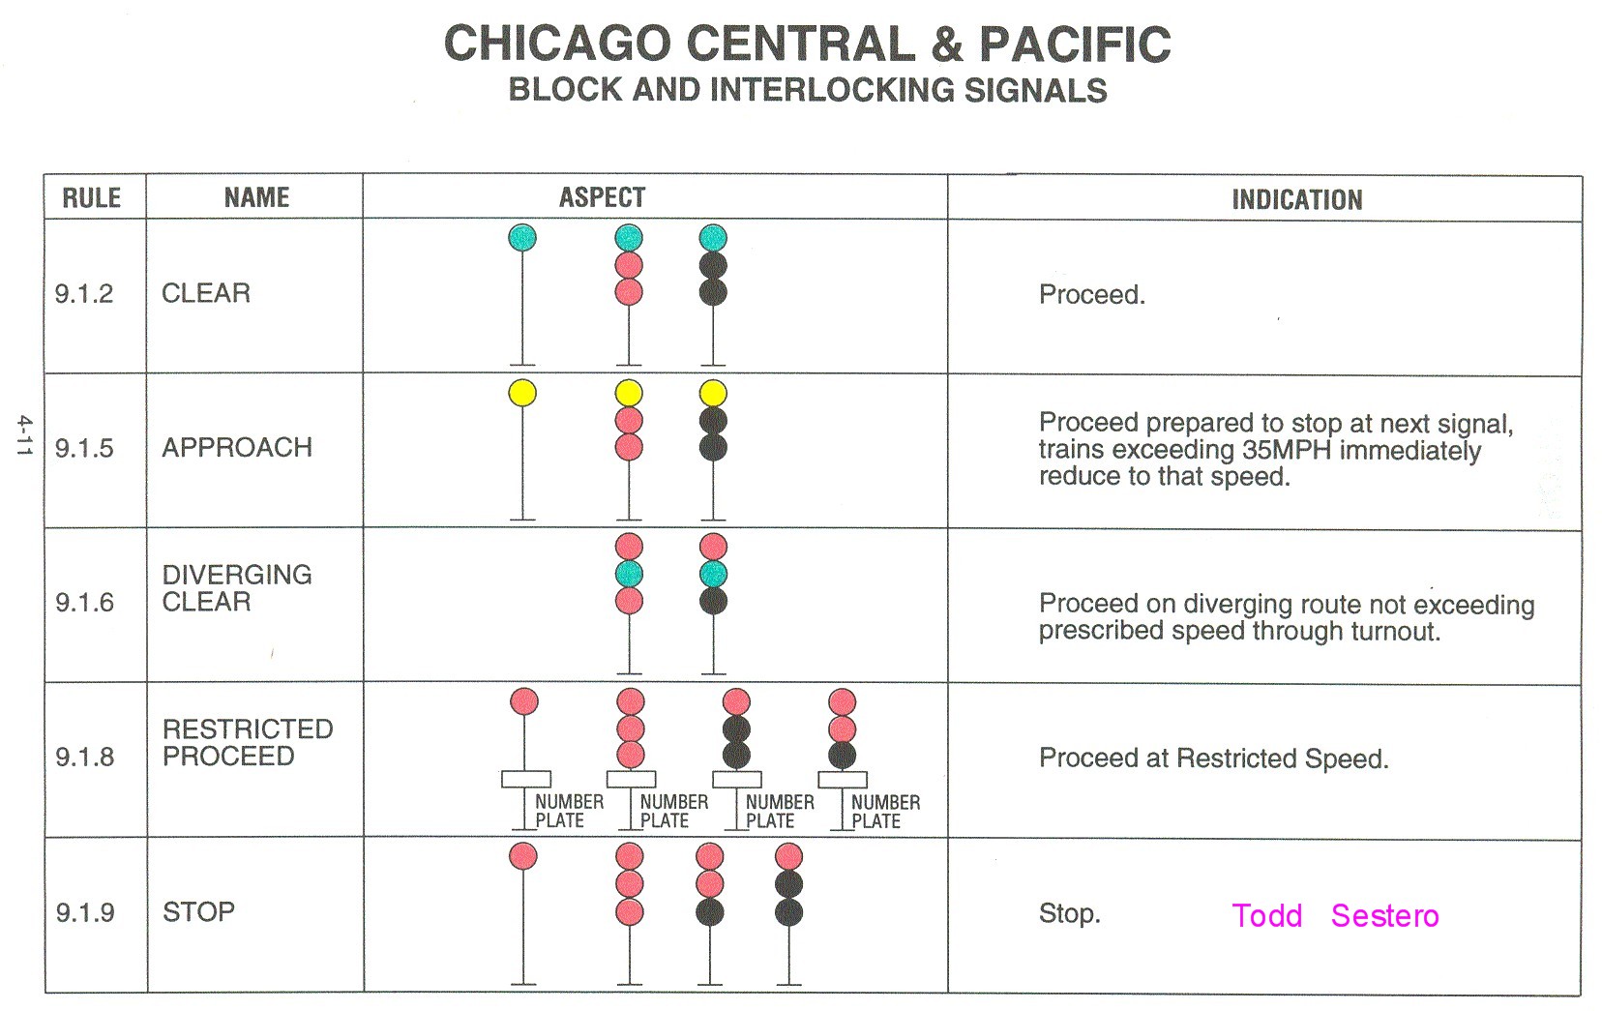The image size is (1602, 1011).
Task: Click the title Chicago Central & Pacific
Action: [807, 45]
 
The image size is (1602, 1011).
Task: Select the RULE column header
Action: [92, 198]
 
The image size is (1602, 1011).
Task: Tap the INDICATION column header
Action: [1296, 200]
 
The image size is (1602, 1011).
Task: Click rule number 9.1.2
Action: [84, 293]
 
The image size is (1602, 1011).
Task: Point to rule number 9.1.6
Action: [84, 603]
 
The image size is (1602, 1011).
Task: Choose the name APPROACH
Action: [237, 448]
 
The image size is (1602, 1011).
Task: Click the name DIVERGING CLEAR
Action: [237, 588]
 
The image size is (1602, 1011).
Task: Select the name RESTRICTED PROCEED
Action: [248, 743]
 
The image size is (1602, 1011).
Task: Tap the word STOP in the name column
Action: [198, 912]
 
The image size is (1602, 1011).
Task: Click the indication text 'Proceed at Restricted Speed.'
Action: [1213, 758]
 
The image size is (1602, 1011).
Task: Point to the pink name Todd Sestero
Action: [1335, 915]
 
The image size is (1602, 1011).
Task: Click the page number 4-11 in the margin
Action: [24, 435]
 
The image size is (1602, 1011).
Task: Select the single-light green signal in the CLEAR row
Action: [522, 238]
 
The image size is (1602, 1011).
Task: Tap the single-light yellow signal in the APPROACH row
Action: [522, 393]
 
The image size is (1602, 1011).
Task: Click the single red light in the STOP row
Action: [523, 856]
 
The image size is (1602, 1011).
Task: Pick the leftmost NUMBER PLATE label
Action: [569, 812]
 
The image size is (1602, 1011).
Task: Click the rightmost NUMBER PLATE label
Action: [885, 812]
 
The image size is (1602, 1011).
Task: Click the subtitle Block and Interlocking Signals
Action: [807, 90]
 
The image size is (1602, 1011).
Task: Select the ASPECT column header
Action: [602, 198]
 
